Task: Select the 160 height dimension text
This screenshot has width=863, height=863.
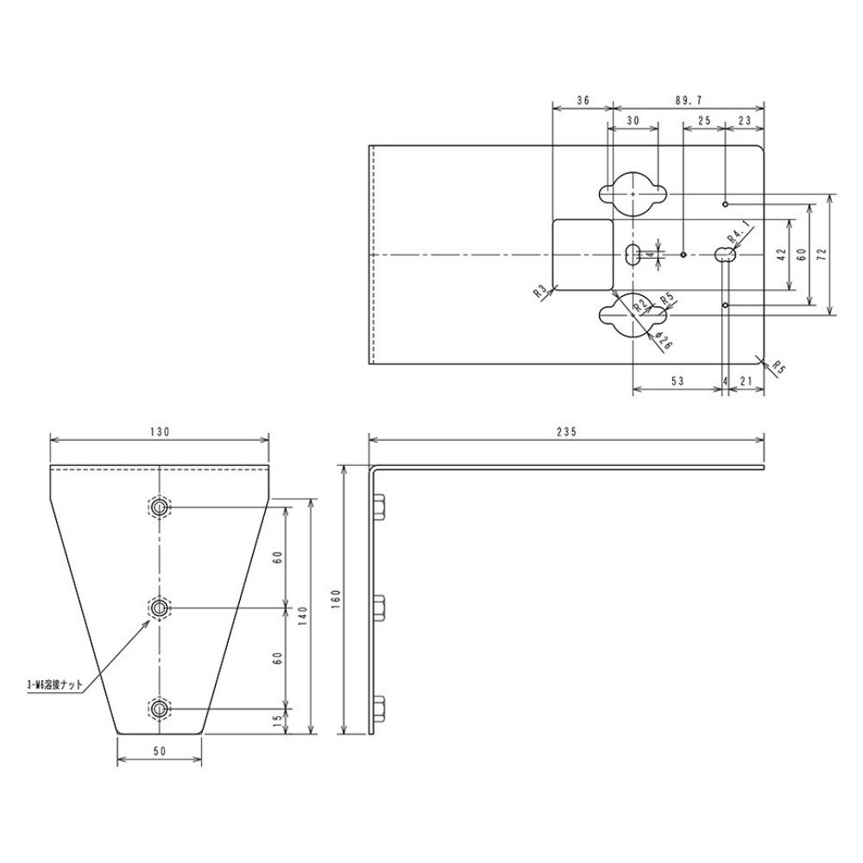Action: click(336, 598)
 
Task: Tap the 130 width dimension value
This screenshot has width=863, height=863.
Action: click(160, 430)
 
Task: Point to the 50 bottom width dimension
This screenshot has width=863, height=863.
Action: click(160, 752)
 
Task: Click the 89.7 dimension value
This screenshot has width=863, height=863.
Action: click(688, 100)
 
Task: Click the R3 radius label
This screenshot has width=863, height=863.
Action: click(540, 293)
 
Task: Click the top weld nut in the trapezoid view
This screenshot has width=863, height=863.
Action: click(160, 507)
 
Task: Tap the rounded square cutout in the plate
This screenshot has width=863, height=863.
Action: click(582, 255)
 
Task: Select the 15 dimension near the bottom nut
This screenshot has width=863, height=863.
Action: click(278, 721)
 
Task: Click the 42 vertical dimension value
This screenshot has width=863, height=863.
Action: click(782, 255)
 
